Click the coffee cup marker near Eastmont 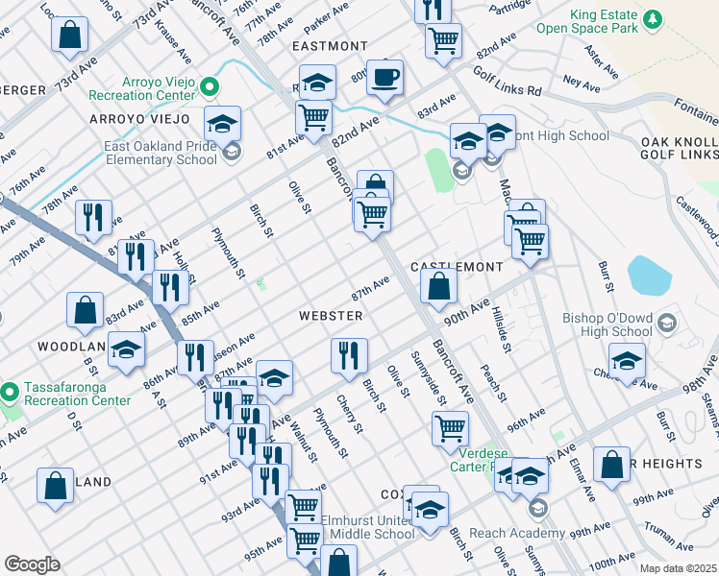385,77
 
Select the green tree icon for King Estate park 653,19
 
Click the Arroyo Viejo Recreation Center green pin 210,89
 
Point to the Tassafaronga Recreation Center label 72,393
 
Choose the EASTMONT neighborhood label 330,46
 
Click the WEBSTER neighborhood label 330,316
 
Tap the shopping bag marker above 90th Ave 439,286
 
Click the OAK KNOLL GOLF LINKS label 679,148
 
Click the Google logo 32,564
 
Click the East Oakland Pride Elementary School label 161,154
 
